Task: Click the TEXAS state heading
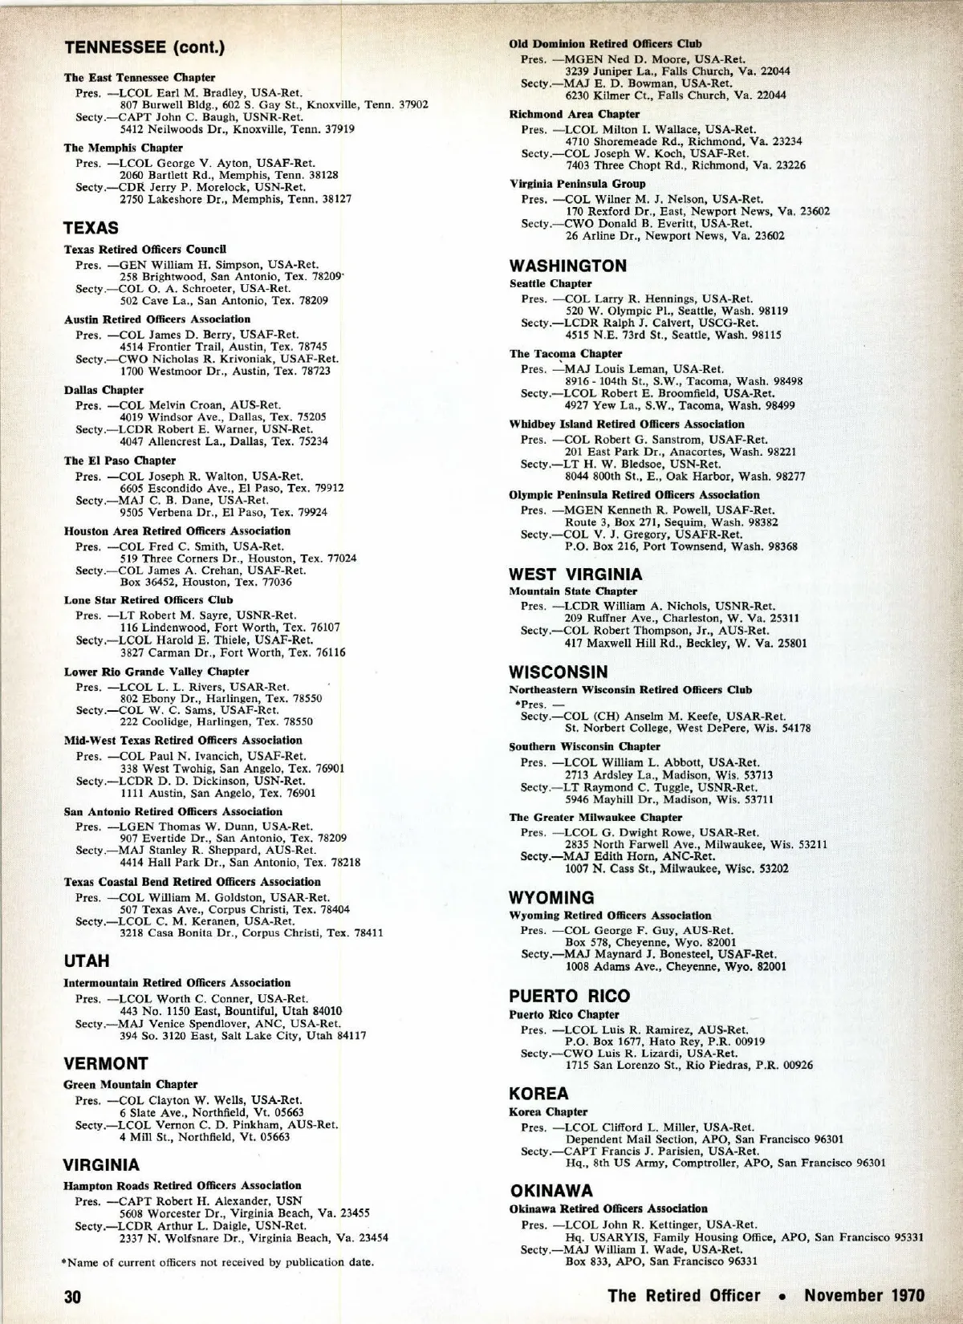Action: coord(91,228)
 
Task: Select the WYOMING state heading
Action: coord(552,897)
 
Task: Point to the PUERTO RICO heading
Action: coord(570,996)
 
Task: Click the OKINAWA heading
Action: coord(551,1190)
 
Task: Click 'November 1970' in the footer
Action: coord(864,1295)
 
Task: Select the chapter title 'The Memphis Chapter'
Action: coord(123,148)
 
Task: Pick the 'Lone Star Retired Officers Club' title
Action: coord(148,599)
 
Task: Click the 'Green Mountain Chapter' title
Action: coord(130,1084)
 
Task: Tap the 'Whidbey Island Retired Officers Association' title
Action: coord(627,424)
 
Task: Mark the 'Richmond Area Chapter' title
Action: coord(575,114)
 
